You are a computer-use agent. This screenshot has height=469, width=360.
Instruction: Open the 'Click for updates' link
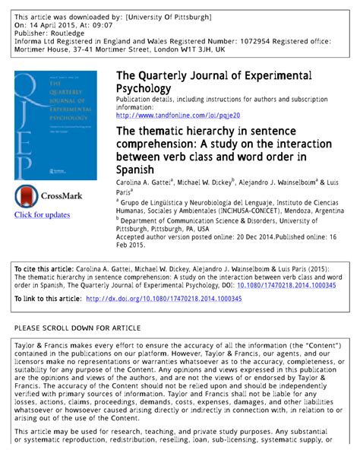[x=42, y=215]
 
